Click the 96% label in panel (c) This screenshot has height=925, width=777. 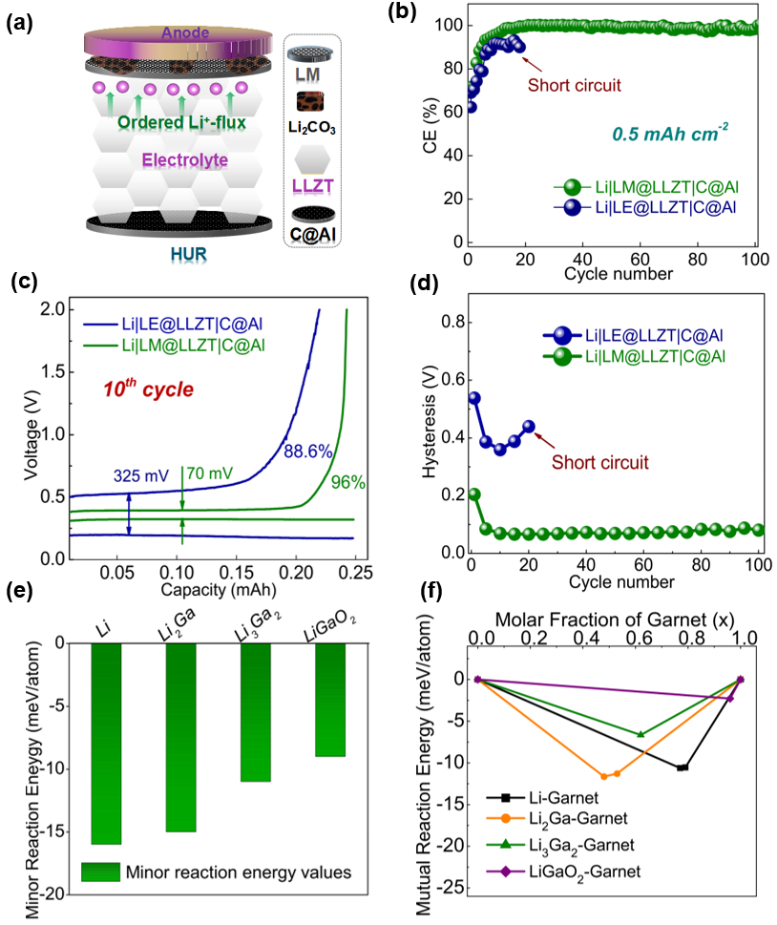[x=347, y=483]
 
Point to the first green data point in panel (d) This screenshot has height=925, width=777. [x=474, y=494]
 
